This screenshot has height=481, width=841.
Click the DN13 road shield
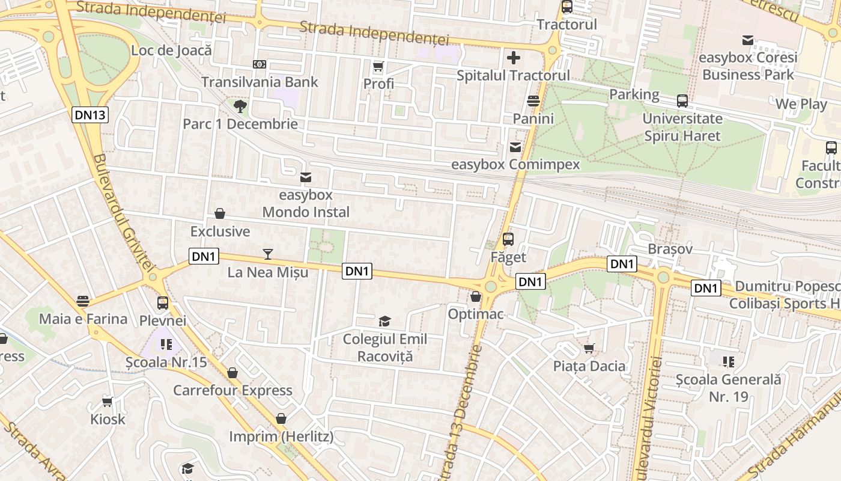pos(91,115)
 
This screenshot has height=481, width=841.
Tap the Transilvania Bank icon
pos(260,64)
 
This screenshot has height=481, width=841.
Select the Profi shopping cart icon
pos(378,66)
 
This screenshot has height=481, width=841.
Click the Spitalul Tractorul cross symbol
pos(513,58)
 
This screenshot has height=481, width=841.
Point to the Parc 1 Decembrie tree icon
pos(240,106)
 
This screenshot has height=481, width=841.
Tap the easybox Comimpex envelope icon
pos(515,147)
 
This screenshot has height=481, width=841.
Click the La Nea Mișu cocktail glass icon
pos(268,254)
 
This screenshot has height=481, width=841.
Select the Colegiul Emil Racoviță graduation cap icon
pos(384,322)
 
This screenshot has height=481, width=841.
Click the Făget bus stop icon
pos(508,239)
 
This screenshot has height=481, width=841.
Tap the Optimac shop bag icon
pos(476,296)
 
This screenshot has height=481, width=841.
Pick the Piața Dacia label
pos(589,366)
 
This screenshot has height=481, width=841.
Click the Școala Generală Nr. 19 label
pos(728,388)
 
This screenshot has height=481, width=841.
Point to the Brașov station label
pos(670,249)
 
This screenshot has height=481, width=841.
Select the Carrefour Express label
pos(232,390)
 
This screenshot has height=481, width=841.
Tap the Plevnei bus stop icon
pos(163,302)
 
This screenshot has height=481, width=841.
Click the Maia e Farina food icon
pos(83,301)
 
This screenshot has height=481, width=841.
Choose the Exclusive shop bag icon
pos(220,213)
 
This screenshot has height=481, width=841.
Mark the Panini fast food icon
pos(533,100)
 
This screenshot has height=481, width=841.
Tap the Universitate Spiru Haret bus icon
pos(682,100)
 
